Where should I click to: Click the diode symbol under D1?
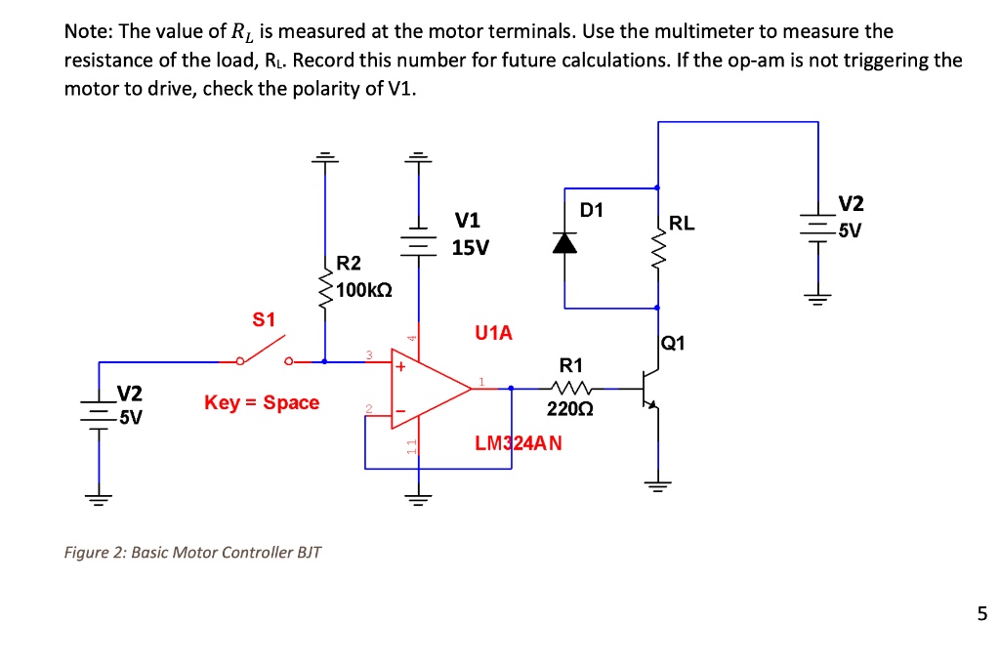point(563,244)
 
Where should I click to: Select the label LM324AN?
point(519,443)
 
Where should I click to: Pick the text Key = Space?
point(262,402)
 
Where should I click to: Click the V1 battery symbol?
point(420,238)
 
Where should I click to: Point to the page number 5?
point(981,614)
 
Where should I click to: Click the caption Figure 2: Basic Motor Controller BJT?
point(192,553)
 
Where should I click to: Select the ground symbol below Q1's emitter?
point(657,484)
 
